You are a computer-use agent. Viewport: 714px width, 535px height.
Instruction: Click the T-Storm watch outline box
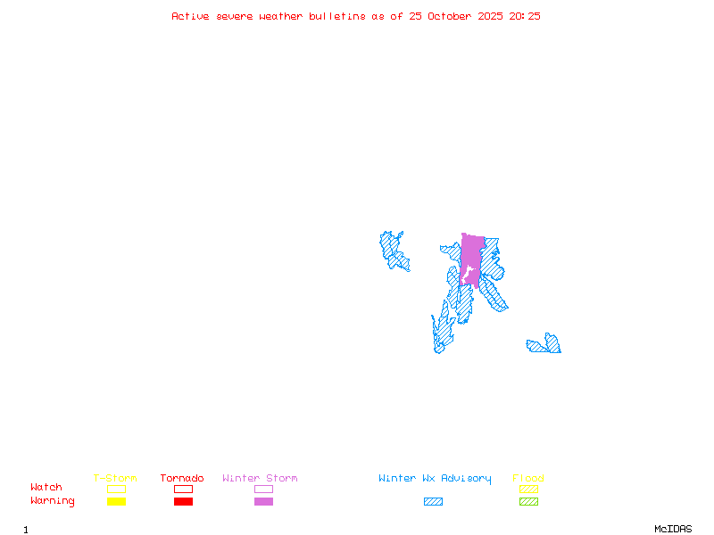click(x=116, y=489)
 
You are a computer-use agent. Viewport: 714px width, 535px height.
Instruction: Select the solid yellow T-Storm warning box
click(x=116, y=501)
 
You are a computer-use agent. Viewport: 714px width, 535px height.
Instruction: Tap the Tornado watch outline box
click(x=183, y=489)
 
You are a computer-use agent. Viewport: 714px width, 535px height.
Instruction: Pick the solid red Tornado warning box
click(x=183, y=501)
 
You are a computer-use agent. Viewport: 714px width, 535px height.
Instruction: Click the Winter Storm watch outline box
click(x=263, y=489)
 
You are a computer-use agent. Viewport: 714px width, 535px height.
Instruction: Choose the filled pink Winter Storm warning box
click(x=263, y=501)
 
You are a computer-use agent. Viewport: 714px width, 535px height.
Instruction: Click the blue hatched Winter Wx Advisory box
click(x=433, y=501)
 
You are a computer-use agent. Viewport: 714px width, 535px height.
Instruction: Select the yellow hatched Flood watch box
click(x=528, y=489)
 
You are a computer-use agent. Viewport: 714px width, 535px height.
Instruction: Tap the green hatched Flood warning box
click(x=528, y=501)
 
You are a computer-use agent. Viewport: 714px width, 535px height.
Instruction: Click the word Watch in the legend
click(x=46, y=488)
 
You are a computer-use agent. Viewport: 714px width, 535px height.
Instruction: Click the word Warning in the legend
click(x=53, y=501)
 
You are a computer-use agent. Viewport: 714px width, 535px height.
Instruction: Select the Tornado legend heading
click(x=182, y=479)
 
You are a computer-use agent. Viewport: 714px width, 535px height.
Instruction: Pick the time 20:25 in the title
click(x=525, y=16)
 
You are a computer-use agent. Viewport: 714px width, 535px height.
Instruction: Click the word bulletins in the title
click(x=336, y=16)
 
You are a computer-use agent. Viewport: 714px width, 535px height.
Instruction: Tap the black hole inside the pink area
click(x=467, y=272)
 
